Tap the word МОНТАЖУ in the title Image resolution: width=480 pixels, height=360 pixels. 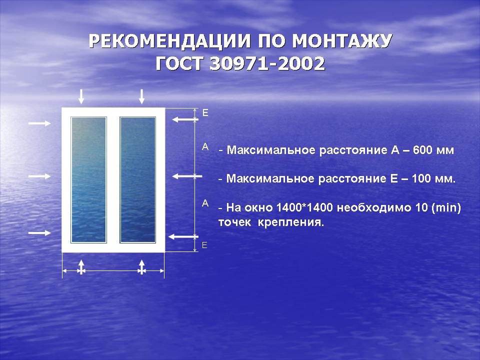pos(342,41)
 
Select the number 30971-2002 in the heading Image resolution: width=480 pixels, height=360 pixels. pos(267,63)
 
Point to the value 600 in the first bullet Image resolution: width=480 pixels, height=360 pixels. pos(422,150)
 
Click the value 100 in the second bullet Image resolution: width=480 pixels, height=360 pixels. pos(421,178)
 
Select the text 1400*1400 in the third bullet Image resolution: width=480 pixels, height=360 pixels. pos(304,207)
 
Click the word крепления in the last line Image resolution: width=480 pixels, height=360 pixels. pos(290,222)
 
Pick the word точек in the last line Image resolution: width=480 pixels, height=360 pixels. pos(234,222)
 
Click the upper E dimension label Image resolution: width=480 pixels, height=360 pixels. pos(205,113)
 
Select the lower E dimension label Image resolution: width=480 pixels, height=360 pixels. pos(205,245)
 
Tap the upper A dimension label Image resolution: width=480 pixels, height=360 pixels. pos(205,147)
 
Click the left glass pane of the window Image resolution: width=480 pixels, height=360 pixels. pos(89,179)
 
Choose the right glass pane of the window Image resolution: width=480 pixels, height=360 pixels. pos(138,179)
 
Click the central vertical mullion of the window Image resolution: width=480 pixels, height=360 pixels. pos(113,179)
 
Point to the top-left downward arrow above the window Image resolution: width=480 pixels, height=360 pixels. pos(81,96)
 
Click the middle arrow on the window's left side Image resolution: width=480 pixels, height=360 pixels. pos(39,176)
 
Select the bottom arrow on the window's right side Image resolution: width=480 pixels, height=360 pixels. pos(183,236)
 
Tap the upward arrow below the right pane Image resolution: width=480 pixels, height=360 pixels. pos(141,267)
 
